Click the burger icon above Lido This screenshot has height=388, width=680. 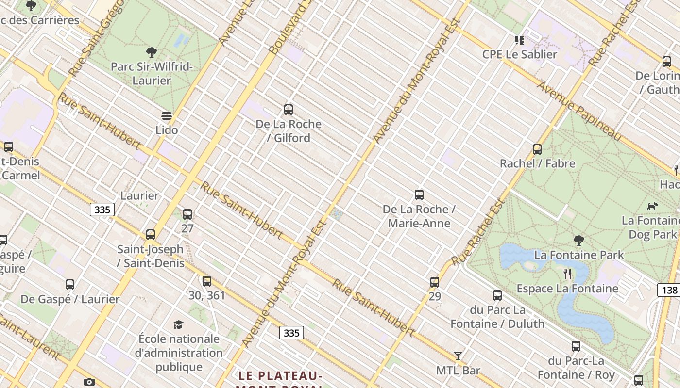tap(167, 116)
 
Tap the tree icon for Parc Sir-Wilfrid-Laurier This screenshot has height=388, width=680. tap(152, 52)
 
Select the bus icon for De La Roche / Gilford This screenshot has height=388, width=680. tap(289, 110)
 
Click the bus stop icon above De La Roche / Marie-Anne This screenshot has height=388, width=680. tap(419, 195)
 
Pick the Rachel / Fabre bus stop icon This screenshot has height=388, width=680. tap(537, 149)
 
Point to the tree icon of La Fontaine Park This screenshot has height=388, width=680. tap(578, 240)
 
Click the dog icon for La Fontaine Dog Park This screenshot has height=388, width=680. tap(653, 206)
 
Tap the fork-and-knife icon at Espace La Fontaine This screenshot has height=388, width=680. tap(567, 274)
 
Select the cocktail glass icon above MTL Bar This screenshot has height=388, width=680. tap(458, 356)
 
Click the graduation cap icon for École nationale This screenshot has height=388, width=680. tap(179, 324)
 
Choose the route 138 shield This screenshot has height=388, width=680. tap(669, 290)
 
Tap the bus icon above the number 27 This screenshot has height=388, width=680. tap(187, 214)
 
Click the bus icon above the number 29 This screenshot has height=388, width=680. tap(435, 282)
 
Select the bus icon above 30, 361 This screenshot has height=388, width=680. tap(207, 281)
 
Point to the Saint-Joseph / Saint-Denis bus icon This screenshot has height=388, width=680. tap(151, 235)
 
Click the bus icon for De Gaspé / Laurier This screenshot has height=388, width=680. tap(70, 285)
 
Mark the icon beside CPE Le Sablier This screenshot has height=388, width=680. tap(520, 40)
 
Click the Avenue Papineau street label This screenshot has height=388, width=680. tap(579, 112)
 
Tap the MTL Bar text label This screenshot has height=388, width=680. tap(458, 371)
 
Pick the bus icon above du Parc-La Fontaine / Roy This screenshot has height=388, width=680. tap(576, 346)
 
